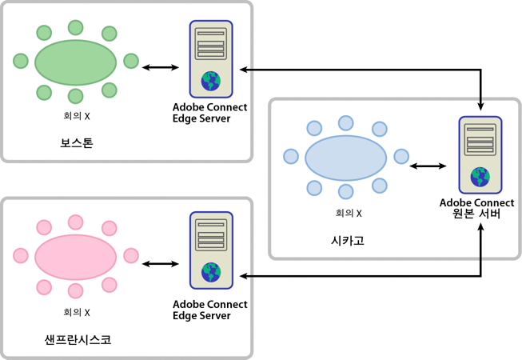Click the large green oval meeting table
[x=76, y=62]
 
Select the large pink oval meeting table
[x=76, y=255]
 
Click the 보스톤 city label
[x=76, y=144]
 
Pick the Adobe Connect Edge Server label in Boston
[x=210, y=113]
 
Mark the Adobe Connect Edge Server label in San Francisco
[x=210, y=310]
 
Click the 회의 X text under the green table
[x=76, y=116]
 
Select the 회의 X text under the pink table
[x=76, y=312]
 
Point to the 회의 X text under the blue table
[x=348, y=213]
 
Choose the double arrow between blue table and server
[x=428, y=166]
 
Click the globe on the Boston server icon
[x=211, y=80]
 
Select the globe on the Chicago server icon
[x=480, y=177]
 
